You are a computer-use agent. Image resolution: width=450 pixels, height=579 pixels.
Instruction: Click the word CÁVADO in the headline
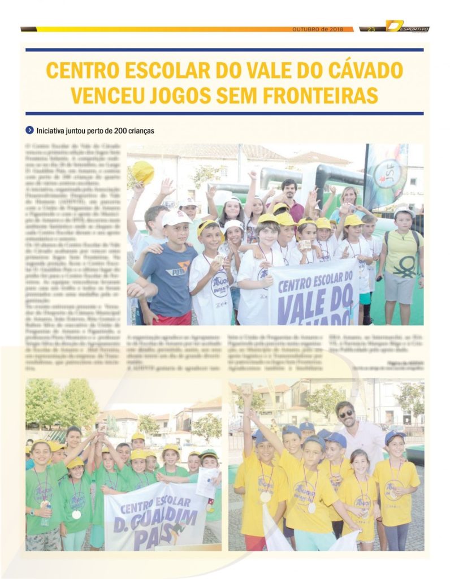coord(356,70)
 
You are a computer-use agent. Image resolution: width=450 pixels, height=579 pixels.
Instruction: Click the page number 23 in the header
coord(371,29)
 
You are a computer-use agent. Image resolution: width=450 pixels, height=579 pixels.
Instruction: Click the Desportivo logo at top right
coord(407,27)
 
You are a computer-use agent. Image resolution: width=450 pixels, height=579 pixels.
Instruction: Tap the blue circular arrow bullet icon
coord(29,131)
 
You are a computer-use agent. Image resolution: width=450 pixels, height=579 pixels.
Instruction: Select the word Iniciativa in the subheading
coord(51,131)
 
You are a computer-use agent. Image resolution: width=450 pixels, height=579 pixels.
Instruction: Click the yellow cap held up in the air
coord(143,172)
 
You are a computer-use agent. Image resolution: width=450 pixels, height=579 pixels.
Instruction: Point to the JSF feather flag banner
coord(387,175)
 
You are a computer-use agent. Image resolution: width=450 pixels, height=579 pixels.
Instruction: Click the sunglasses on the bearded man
coord(345,414)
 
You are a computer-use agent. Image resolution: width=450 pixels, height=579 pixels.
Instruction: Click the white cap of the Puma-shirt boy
coord(176,218)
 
